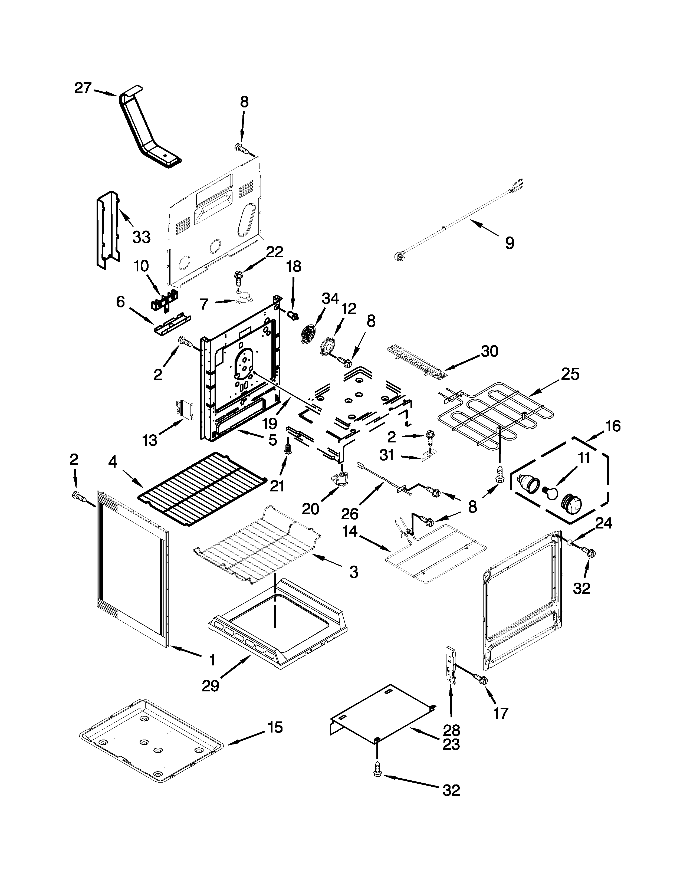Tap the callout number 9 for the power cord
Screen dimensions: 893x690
[509, 243]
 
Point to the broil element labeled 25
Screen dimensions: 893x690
[491, 413]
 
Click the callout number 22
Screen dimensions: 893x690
[274, 252]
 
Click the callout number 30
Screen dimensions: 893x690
[489, 351]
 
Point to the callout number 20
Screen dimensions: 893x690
[310, 509]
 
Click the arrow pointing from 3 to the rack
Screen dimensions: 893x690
[327, 561]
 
